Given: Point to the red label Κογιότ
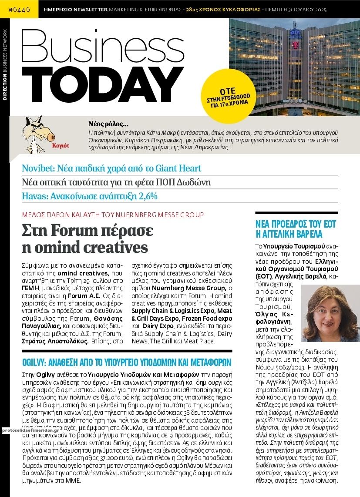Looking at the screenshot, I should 60,146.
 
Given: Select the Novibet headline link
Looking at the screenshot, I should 111,168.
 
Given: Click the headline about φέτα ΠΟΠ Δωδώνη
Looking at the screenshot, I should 116,182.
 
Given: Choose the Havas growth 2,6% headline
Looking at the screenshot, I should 89,196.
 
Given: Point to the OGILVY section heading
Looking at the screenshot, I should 126,362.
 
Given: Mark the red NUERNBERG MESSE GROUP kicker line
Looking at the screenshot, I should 113,214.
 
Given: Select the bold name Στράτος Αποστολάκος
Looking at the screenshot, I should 55,342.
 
